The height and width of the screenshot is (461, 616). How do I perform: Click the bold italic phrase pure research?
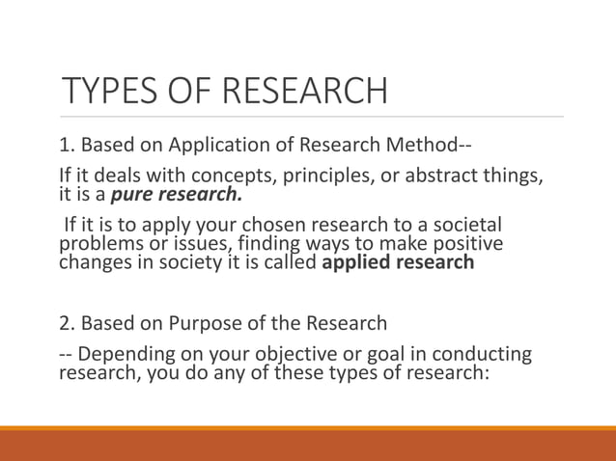[x=179, y=196]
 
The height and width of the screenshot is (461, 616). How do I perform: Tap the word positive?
[x=469, y=244]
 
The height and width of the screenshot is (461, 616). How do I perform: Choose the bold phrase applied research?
[x=398, y=262]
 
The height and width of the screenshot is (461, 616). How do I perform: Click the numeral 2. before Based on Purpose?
[x=68, y=322]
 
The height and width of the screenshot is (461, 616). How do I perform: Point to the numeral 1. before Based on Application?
[x=68, y=147]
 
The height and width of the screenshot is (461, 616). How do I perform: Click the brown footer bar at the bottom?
[x=308, y=446]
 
